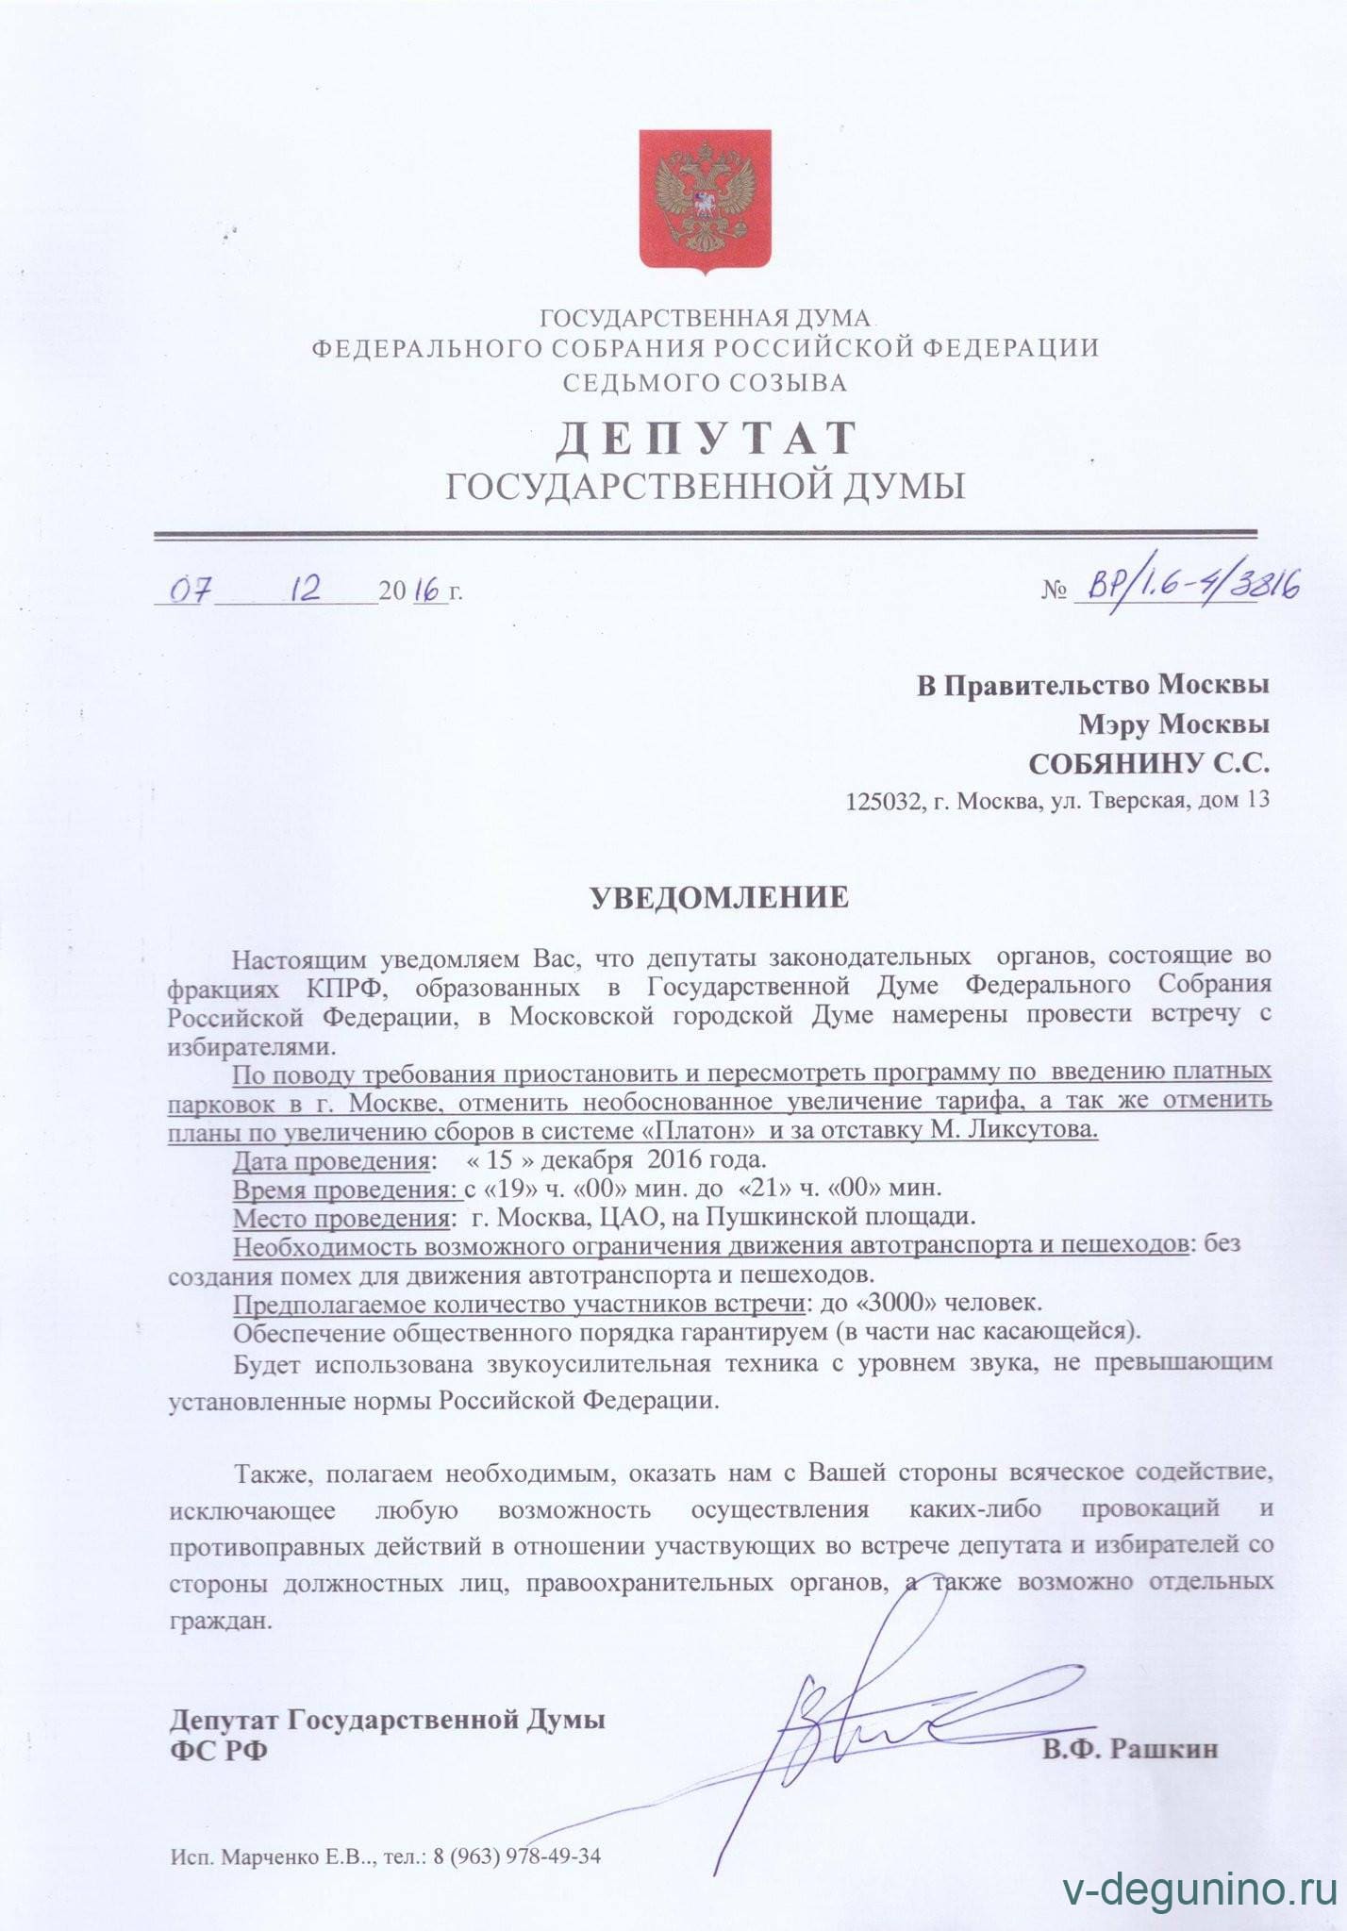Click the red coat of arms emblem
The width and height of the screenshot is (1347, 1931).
(706, 201)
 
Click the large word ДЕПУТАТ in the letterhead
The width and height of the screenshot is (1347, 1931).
(706, 438)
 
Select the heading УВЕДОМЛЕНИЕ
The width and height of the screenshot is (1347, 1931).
(719, 897)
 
